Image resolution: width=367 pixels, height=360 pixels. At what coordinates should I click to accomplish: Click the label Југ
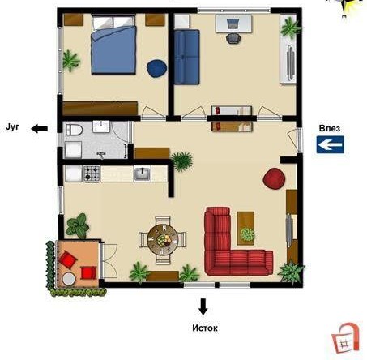[12, 127]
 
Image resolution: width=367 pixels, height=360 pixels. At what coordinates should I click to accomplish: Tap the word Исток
[205, 328]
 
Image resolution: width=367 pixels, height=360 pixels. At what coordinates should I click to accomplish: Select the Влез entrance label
[330, 128]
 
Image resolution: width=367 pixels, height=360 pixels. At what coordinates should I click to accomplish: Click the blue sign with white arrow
[331, 144]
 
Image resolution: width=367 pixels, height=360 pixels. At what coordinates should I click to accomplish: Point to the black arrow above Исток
[203, 306]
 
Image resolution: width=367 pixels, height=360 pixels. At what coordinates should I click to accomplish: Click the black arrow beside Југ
[40, 129]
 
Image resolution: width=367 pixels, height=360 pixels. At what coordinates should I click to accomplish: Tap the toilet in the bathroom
[74, 130]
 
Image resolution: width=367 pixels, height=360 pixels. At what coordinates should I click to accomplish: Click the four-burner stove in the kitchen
[92, 174]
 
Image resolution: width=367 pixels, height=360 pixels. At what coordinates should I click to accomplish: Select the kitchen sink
[143, 174]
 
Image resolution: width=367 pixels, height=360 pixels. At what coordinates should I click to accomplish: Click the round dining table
[163, 240]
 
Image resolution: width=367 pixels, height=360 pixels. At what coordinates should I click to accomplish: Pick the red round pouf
[274, 178]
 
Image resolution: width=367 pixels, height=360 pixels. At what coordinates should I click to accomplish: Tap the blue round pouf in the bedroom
[157, 68]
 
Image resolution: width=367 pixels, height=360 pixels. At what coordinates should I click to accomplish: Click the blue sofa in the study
[186, 57]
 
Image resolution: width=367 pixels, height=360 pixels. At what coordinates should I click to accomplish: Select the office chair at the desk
[233, 38]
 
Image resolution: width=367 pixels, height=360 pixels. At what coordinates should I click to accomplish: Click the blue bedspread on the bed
[113, 50]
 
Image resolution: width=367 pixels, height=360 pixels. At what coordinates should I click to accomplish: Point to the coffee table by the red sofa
[245, 229]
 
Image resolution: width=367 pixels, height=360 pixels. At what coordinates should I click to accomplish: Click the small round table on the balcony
[69, 279]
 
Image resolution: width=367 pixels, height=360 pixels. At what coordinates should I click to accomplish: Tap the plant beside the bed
[70, 61]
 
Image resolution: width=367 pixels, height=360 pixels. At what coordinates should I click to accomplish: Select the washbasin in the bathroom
[101, 126]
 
